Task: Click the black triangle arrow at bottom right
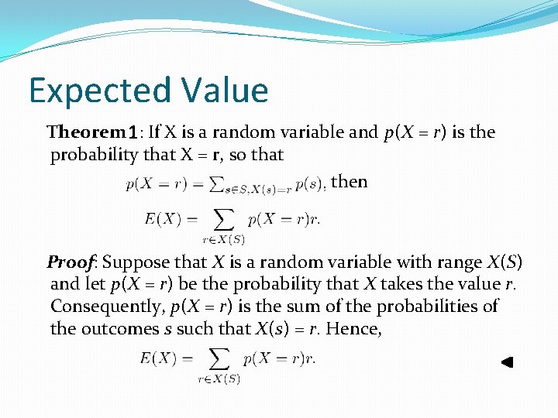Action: (x=507, y=361)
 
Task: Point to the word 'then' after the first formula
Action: (x=349, y=182)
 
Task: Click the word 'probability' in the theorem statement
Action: (x=95, y=155)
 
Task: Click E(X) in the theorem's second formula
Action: (x=162, y=219)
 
